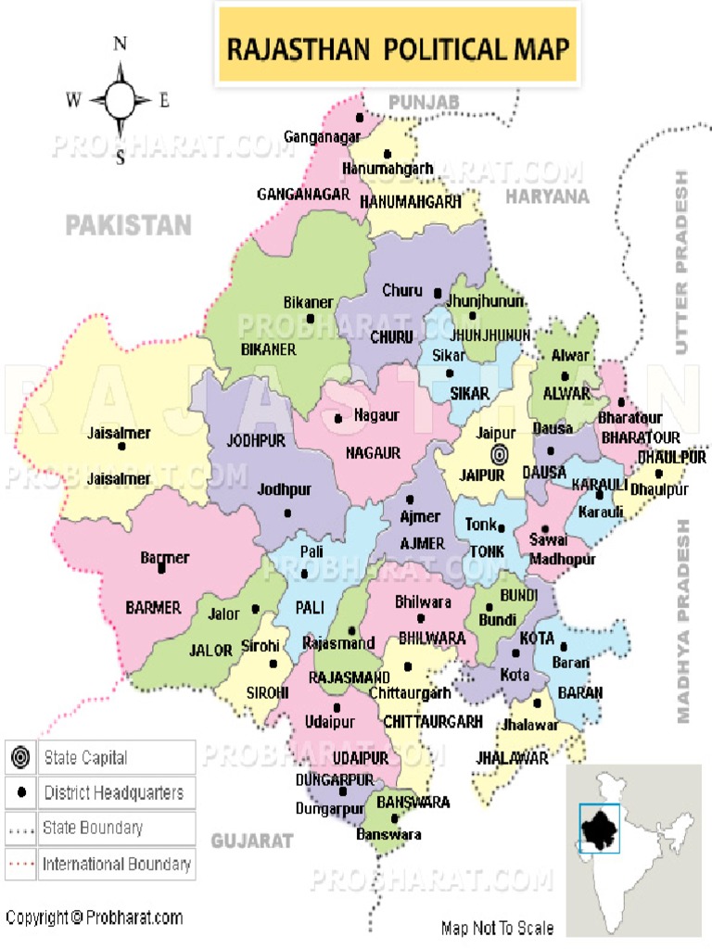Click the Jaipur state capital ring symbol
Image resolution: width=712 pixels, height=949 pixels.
(x=500, y=454)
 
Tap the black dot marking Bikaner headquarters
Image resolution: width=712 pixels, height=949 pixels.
(x=310, y=319)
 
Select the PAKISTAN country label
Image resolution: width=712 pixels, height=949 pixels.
(x=129, y=225)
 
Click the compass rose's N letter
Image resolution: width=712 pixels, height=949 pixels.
(x=120, y=44)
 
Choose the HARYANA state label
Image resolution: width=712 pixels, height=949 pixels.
(x=547, y=196)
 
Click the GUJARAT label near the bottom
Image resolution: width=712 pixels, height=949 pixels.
(x=252, y=841)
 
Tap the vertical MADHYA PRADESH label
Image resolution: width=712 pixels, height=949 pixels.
(x=684, y=621)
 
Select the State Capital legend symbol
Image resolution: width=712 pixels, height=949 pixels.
(x=20, y=757)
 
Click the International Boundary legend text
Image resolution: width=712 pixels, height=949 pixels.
(x=117, y=865)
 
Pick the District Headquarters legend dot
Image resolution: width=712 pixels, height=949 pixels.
(x=20, y=793)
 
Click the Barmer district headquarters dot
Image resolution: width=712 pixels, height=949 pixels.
(x=161, y=569)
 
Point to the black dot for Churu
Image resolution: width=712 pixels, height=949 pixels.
(x=438, y=293)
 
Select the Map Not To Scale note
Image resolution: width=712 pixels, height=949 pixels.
(x=498, y=928)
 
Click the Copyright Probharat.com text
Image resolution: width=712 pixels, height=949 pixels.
(x=94, y=918)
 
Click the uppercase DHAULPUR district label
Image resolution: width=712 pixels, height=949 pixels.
(x=672, y=458)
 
